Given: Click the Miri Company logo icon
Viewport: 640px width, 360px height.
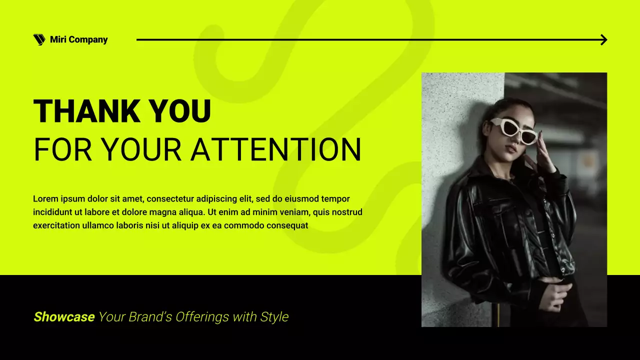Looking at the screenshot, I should (39, 40).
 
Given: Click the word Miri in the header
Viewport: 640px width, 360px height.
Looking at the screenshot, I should (57, 40).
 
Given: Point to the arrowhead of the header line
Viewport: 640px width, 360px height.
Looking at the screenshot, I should (604, 40).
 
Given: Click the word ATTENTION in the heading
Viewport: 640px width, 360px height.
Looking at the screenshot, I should (276, 149).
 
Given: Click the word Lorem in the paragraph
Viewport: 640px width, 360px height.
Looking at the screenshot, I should (44, 199).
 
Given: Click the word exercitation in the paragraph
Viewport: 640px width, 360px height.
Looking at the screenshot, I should (56, 225).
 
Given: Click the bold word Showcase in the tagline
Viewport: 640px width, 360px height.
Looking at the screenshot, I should (64, 317).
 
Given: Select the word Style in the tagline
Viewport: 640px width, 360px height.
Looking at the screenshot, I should (274, 317).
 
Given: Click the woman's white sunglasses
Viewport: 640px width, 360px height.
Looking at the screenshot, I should (513, 129).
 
